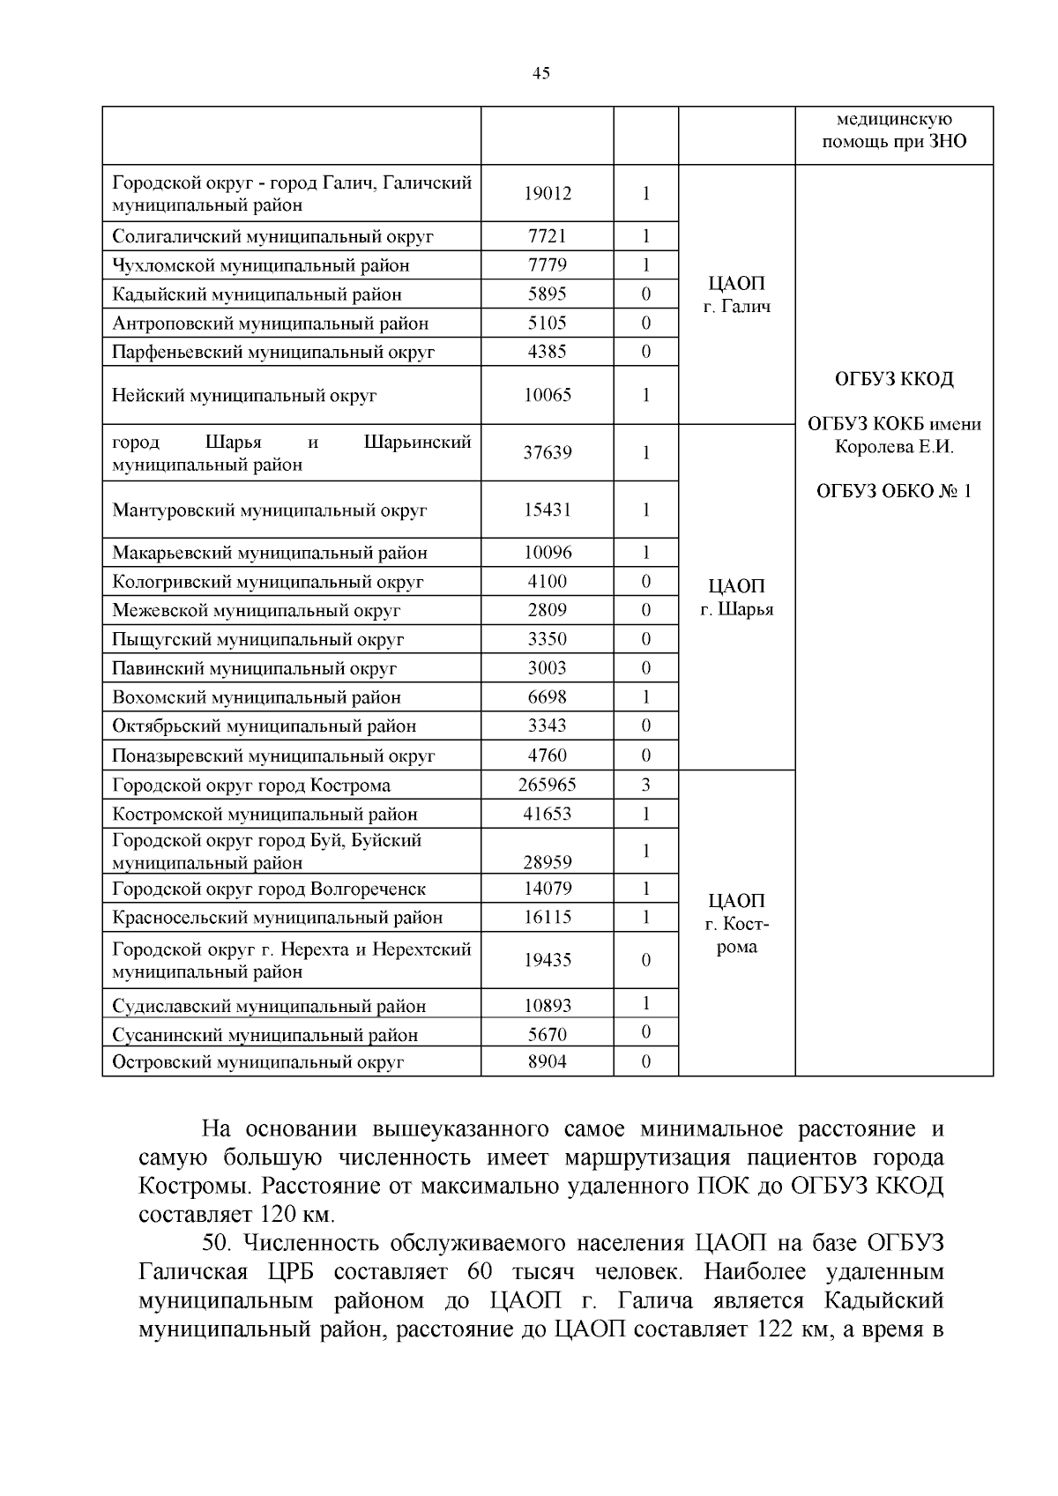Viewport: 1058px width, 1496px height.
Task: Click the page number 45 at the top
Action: point(541,73)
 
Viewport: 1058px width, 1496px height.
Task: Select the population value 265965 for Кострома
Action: point(547,785)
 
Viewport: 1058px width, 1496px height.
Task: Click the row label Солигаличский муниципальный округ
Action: point(273,236)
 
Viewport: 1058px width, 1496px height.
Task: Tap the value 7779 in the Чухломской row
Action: point(547,264)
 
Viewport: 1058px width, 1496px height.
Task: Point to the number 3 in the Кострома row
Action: point(645,785)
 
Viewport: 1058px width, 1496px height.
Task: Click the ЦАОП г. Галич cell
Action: point(737,294)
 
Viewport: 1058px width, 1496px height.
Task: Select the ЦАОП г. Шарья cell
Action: point(737,598)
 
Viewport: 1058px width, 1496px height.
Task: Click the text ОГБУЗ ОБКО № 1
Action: point(894,491)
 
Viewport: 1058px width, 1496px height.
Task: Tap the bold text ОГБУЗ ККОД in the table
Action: point(894,379)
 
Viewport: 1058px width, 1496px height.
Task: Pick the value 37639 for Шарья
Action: point(547,452)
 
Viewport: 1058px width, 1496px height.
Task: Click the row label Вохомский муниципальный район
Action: point(257,697)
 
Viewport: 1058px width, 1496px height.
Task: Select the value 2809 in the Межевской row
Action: point(547,609)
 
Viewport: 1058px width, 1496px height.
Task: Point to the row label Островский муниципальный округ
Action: point(257,1062)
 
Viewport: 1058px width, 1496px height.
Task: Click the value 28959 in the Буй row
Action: point(547,862)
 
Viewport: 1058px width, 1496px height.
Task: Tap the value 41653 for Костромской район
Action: point(547,814)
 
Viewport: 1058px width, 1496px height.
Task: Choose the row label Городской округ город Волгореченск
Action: point(269,889)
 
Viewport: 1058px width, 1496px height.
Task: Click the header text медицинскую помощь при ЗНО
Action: point(894,130)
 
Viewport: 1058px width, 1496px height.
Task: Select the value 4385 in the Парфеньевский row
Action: point(547,352)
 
